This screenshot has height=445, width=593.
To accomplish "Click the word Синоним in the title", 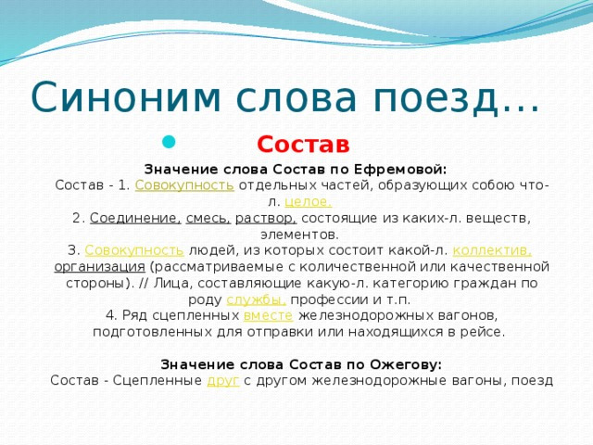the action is [x=126, y=96].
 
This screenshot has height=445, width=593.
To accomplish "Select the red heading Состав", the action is [x=303, y=145].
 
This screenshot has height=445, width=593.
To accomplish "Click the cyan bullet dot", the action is [x=169, y=142].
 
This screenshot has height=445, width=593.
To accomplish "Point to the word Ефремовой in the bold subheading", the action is [x=400, y=170].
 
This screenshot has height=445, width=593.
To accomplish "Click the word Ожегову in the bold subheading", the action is [x=406, y=364].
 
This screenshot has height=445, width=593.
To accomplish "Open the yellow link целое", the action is [x=309, y=202].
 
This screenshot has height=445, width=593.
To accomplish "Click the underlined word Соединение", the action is [x=136, y=219].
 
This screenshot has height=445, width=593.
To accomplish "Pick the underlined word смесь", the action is [x=208, y=219].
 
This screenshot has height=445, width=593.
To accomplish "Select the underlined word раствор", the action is [x=266, y=219].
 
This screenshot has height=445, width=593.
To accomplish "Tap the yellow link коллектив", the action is [x=492, y=250].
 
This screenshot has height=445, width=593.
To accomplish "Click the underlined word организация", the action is [x=99, y=267].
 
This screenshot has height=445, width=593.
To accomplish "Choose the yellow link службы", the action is [x=256, y=299].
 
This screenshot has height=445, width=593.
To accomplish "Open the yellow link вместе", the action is [x=268, y=315].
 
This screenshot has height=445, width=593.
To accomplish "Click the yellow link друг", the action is [x=223, y=381].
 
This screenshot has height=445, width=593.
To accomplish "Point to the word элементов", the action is [x=299, y=235].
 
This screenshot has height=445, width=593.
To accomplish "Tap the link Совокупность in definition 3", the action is [x=134, y=250].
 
